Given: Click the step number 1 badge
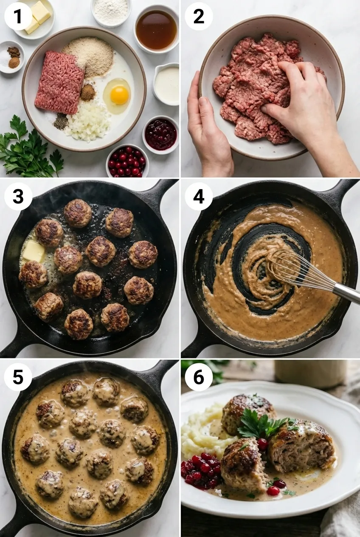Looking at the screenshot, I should [x=18, y=16].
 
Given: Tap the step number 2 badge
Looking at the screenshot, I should [x=199, y=16].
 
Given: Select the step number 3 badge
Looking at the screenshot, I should [x=18, y=196].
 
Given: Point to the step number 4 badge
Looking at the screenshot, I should [x=199, y=196].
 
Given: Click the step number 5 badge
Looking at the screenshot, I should [x=18, y=377].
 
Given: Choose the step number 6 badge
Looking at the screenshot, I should [x=199, y=377].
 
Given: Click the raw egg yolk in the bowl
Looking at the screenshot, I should [x=119, y=95].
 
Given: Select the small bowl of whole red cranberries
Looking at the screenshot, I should [x=127, y=161].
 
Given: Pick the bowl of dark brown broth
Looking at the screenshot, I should [x=156, y=30].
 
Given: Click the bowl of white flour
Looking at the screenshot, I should [x=111, y=11].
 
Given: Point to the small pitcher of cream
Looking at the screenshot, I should [x=167, y=84].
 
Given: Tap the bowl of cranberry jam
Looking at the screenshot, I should [x=160, y=134].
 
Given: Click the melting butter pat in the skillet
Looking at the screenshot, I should [x=34, y=252].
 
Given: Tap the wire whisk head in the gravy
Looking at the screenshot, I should [x=290, y=268].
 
